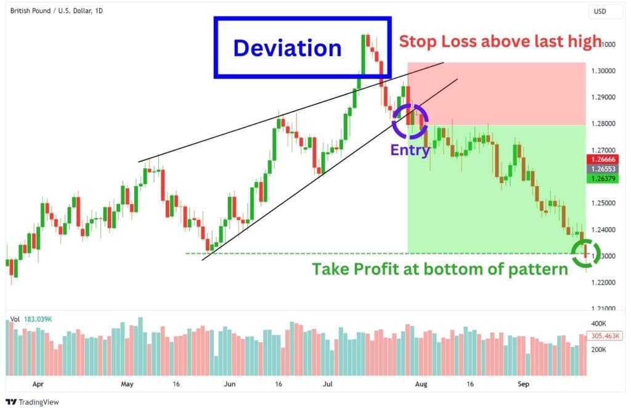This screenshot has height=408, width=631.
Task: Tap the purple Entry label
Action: (x=409, y=150)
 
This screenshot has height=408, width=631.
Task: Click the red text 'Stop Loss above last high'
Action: (x=500, y=42)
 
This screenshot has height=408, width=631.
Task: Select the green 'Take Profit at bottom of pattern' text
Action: (x=439, y=269)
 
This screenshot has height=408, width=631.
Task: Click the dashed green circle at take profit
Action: (x=584, y=253)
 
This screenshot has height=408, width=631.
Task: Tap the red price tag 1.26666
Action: (x=605, y=159)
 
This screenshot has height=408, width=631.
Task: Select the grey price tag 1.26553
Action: (x=605, y=169)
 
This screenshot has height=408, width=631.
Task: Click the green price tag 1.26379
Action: (x=605, y=179)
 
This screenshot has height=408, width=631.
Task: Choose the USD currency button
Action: (x=600, y=11)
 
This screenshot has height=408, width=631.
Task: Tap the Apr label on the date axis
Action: (x=38, y=383)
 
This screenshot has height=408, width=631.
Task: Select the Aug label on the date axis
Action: (x=420, y=383)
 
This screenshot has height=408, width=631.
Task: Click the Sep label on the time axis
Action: (x=523, y=383)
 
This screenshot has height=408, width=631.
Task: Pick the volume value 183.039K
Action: (x=39, y=319)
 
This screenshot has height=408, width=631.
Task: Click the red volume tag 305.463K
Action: (x=605, y=336)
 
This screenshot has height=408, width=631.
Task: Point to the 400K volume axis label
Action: (x=599, y=323)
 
